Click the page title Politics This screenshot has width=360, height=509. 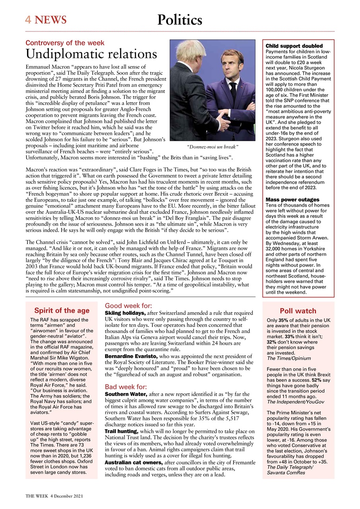180,20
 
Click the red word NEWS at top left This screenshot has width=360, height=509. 51,19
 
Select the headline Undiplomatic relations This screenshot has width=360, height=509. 91,54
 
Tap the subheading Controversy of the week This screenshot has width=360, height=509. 65,43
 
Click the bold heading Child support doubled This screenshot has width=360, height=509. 294,47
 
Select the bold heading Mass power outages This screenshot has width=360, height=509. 292,199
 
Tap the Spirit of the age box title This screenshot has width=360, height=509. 62,311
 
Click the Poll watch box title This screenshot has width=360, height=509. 298,311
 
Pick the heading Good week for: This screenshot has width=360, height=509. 128,306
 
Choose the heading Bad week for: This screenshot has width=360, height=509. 126,387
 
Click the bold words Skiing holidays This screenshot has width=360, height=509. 125,314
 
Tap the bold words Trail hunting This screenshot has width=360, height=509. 121,431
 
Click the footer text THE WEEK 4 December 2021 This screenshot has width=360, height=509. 54,497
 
